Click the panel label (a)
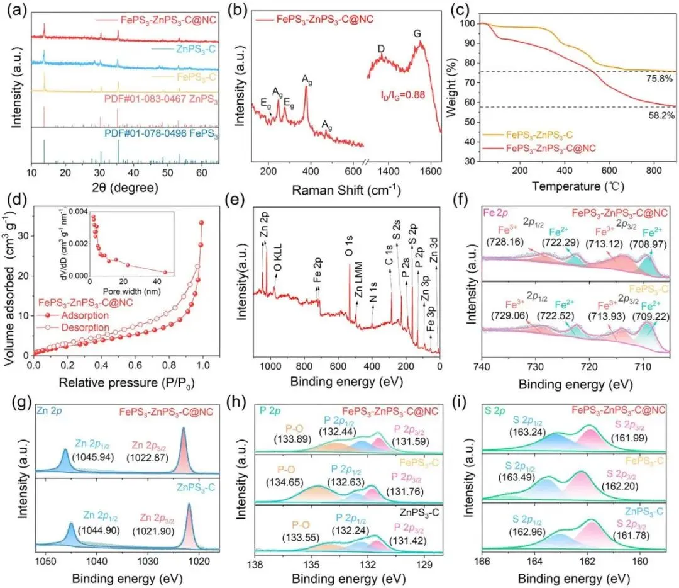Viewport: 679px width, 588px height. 16,11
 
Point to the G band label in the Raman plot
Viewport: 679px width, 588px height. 417,33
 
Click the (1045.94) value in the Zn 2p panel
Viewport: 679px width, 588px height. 92,456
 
